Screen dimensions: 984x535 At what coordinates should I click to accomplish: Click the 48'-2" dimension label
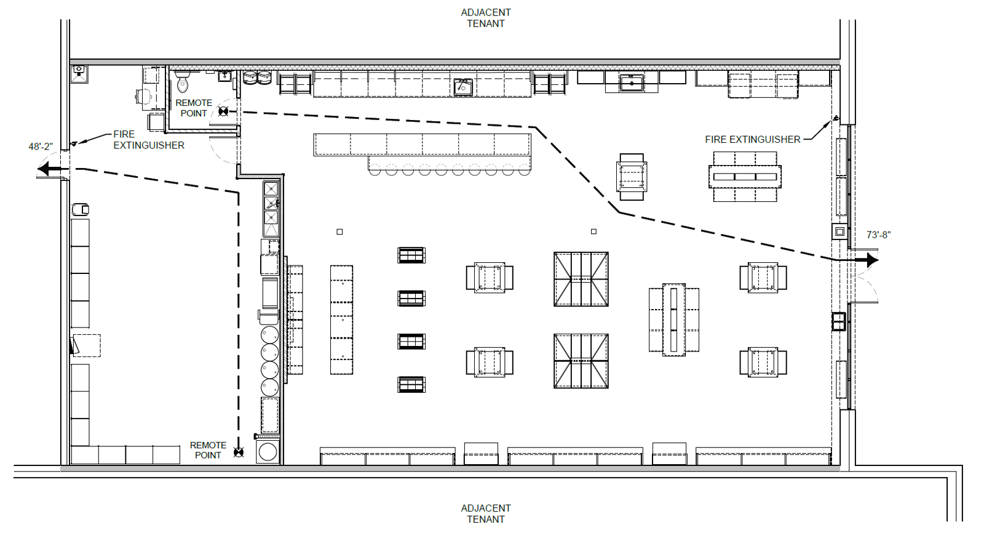pyautogui.click(x=41, y=147)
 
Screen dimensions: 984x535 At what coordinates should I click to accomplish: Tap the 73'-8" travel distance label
pyautogui.click(x=878, y=235)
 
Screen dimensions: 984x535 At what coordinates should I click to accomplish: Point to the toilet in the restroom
pyautogui.click(x=182, y=82)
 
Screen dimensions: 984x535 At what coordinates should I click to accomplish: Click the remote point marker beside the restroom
pyautogui.click(x=223, y=111)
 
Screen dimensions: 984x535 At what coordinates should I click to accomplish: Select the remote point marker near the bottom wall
pyautogui.click(x=239, y=452)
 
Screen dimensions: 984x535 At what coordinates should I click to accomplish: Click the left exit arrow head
pyautogui.click(x=43, y=169)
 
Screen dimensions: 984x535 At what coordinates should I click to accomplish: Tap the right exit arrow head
pyautogui.click(x=873, y=260)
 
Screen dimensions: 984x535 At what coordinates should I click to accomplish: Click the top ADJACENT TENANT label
pyautogui.click(x=486, y=18)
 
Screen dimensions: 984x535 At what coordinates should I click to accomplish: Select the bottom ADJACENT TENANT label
pyautogui.click(x=486, y=513)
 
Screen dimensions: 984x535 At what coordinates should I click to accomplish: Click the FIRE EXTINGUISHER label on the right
pyautogui.click(x=753, y=139)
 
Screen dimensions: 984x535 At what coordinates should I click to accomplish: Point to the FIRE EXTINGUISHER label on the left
pyautogui.click(x=148, y=140)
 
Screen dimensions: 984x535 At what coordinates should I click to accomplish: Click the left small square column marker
pyautogui.click(x=339, y=231)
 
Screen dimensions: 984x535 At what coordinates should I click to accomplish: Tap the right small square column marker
pyautogui.click(x=593, y=231)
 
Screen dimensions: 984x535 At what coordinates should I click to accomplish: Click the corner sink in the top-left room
pyautogui.click(x=79, y=74)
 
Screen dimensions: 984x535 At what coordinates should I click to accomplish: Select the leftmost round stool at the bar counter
pyautogui.click(x=375, y=170)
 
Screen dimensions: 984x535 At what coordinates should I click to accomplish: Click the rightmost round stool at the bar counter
pyautogui.click(x=525, y=170)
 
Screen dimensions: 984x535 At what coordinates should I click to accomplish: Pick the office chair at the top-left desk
pyautogui.click(x=144, y=95)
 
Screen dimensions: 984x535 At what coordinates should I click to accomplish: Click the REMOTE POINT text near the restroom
pyautogui.click(x=194, y=108)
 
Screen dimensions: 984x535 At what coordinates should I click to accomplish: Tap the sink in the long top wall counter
pyautogui.click(x=463, y=87)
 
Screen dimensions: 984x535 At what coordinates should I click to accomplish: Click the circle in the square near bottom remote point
pyautogui.click(x=268, y=452)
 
